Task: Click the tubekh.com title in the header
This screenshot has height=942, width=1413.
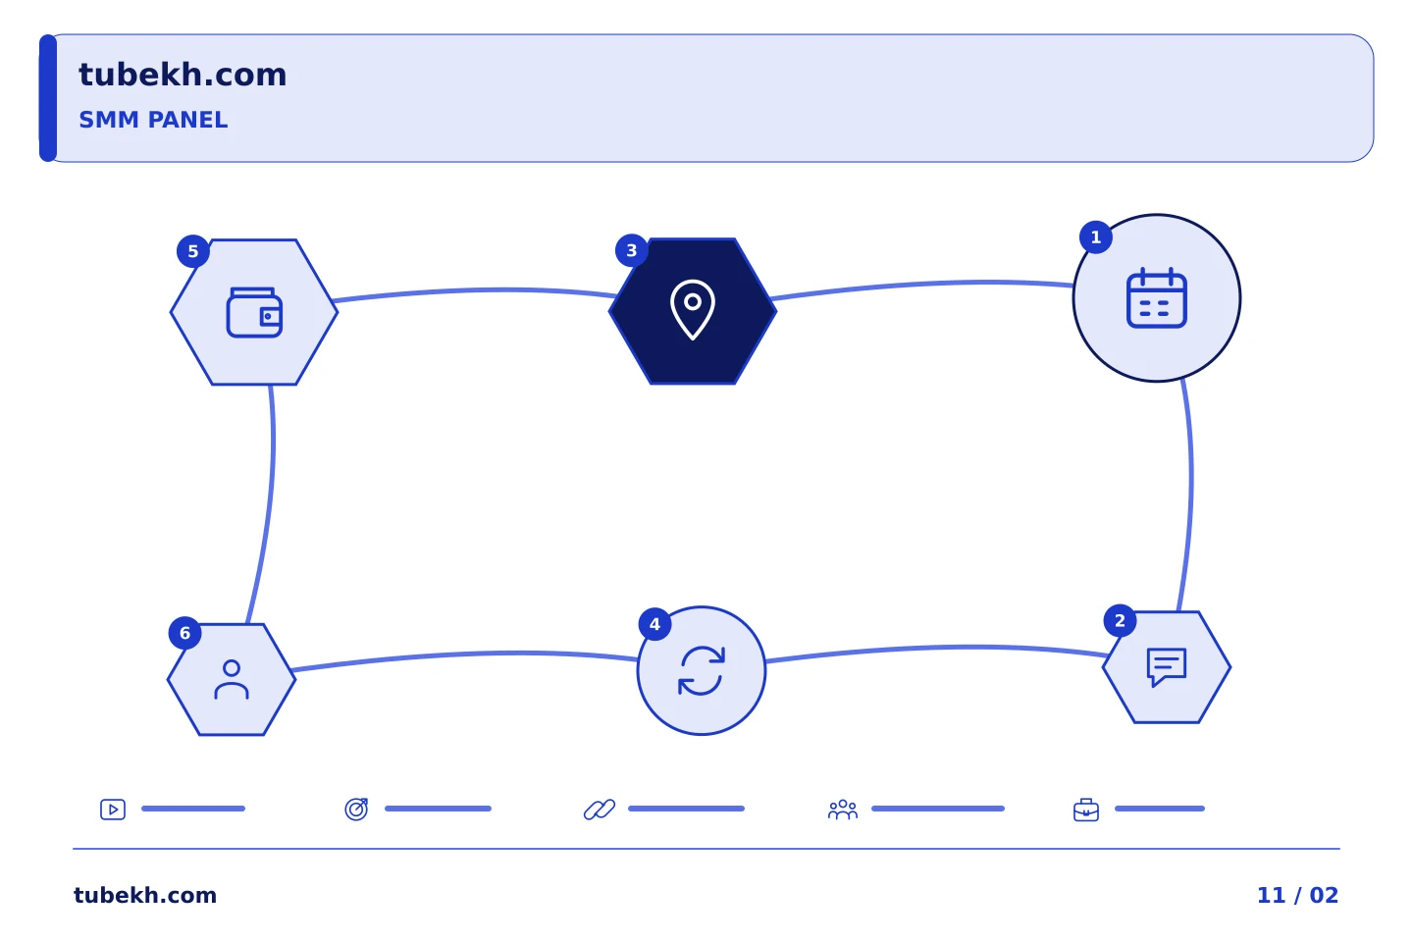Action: tap(183, 76)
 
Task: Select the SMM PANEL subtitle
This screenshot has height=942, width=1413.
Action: tap(153, 120)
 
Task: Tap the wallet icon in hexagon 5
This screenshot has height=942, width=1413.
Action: tap(254, 312)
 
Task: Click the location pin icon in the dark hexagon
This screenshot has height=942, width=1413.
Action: tap(693, 310)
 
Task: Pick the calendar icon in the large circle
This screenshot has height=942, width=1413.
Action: tap(1156, 297)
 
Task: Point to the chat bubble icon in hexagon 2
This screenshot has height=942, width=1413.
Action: tap(1167, 667)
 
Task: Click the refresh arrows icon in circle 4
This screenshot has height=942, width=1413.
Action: tap(702, 671)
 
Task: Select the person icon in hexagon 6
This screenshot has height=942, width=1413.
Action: tap(232, 680)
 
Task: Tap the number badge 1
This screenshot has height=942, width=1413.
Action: tap(1096, 237)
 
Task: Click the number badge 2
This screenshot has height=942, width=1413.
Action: tap(1120, 621)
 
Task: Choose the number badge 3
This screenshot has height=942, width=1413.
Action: tap(632, 250)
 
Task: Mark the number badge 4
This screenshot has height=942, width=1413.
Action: tap(654, 624)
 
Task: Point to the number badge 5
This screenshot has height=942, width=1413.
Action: tap(193, 251)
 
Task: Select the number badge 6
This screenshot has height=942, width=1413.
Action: tap(184, 633)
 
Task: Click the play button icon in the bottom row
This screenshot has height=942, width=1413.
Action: tap(113, 810)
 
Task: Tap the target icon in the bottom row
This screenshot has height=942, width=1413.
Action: tap(356, 809)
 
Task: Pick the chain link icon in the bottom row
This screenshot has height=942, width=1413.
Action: tap(600, 810)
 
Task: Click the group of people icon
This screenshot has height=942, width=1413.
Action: tap(843, 810)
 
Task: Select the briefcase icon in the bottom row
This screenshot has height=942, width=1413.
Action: tap(1086, 811)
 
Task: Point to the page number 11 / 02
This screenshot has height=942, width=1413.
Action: tap(1297, 895)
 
